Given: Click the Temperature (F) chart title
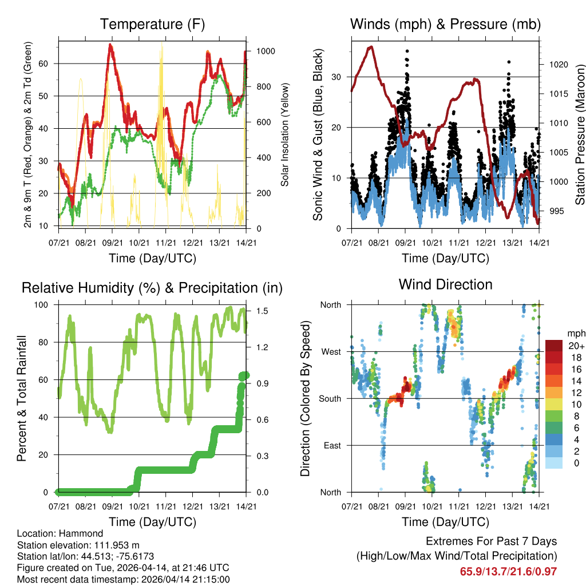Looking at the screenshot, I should click(152, 24).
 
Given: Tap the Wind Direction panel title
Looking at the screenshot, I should click(445, 284).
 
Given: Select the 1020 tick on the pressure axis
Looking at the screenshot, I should click(558, 65).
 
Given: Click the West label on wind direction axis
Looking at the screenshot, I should click(330, 351).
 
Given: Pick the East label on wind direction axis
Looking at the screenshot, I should click(332, 445).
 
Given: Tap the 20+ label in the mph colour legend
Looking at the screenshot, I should click(573, 346).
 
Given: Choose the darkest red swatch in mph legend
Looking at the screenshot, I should click(555, 346).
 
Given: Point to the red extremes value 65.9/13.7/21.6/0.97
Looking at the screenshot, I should click(508, 571).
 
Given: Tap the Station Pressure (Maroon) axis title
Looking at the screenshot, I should click(580, 135).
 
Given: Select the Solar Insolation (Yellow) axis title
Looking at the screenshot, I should click(284, 135).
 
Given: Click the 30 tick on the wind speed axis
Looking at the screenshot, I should click(338, 77).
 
